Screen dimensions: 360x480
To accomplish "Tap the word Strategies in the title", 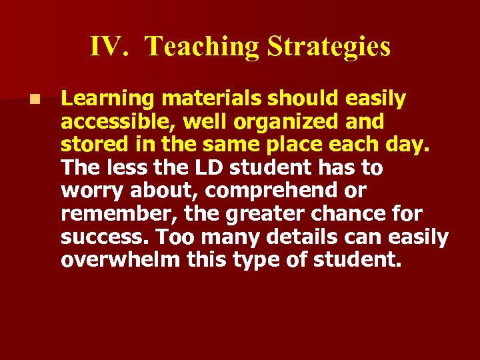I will coord(329,47).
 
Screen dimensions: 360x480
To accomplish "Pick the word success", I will coord(96,237).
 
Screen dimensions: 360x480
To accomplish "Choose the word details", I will coord(302,237).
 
